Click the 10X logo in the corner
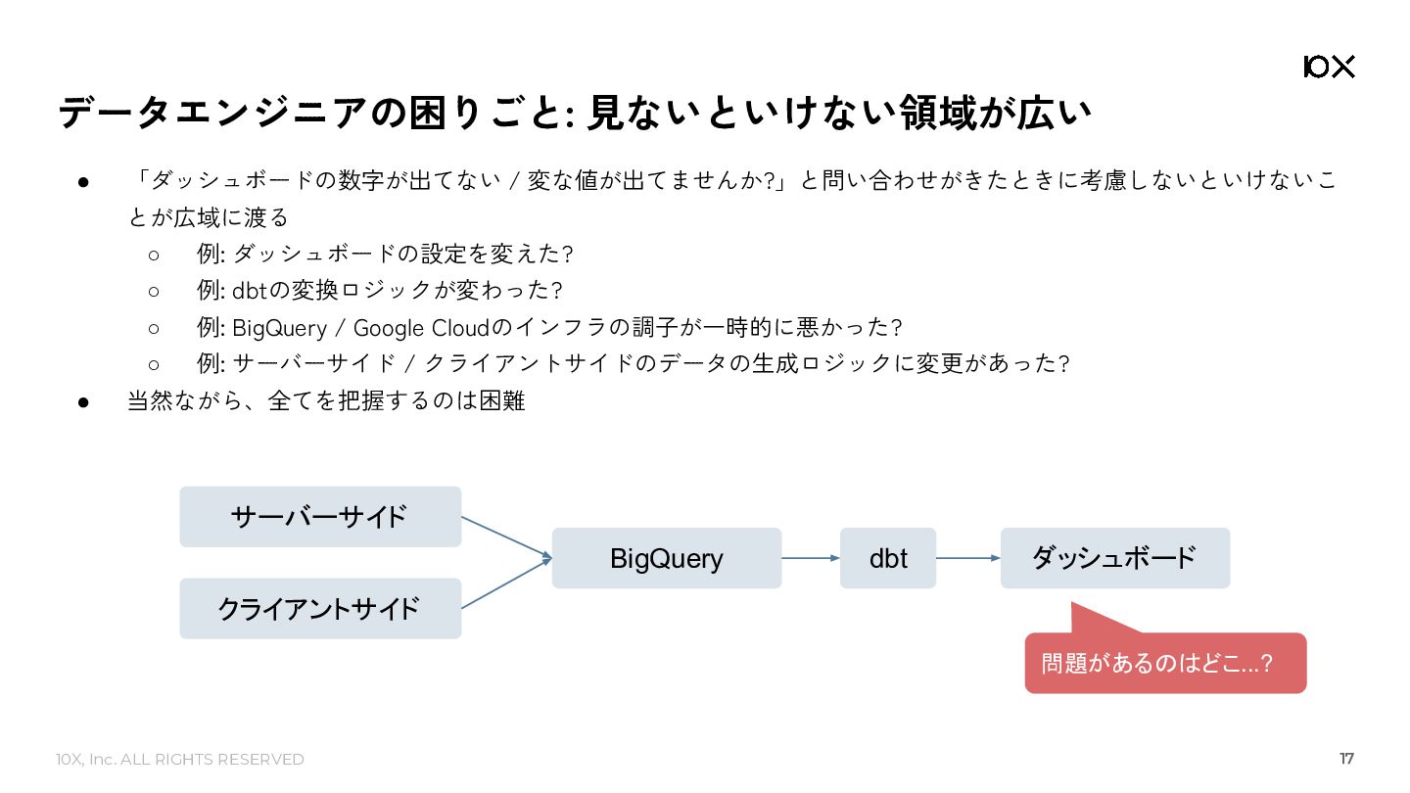tap(1329, 67)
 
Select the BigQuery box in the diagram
tap(667, 558)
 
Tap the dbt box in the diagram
tap(887, 558)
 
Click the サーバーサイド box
tap(320, 517)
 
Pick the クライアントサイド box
tap(320, 609)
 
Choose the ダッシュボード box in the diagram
tap(1115, 558)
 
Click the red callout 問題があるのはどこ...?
tap(1166, 663)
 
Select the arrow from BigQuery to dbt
tap(811, 558)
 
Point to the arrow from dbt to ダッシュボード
tap(968, 558)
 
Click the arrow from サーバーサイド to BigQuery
tap(507, 537)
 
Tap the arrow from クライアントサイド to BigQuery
tap(507, 583)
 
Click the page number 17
tap(1346, 759)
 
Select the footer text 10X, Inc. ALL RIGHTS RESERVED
tap(180, 760)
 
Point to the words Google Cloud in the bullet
tap(422, 328)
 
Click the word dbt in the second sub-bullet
tap(250, 291)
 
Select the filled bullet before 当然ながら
tap(83, 402)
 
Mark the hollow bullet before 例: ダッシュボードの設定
tap(154, 256)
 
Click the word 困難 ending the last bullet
tap(501, 401)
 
